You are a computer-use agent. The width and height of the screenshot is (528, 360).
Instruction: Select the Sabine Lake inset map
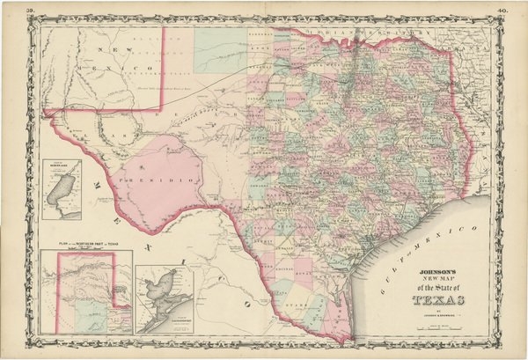click(x=62, y=188)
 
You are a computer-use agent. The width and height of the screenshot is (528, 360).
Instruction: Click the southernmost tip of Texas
click(x=352, y=340)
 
